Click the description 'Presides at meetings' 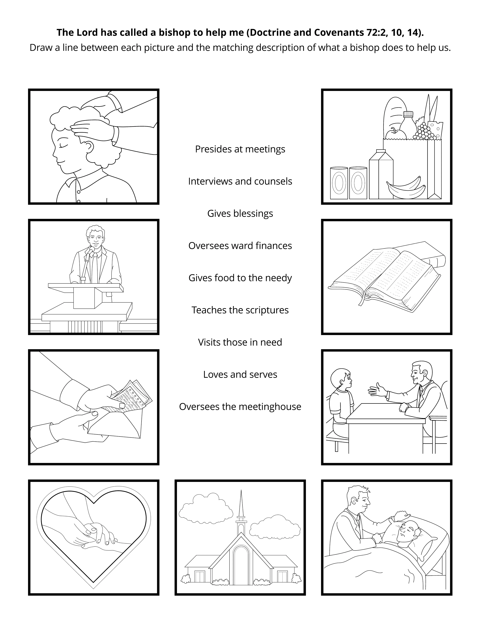coord(240,149)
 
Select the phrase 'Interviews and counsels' coord(240,181)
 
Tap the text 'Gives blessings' coord(240,213)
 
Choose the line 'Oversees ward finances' coord(240,246)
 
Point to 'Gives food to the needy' coord(240,278)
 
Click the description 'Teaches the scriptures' coord(240,310)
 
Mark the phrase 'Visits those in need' coord(240,342)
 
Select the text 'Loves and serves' coord(240,375)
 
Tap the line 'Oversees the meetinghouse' coord(240,407)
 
